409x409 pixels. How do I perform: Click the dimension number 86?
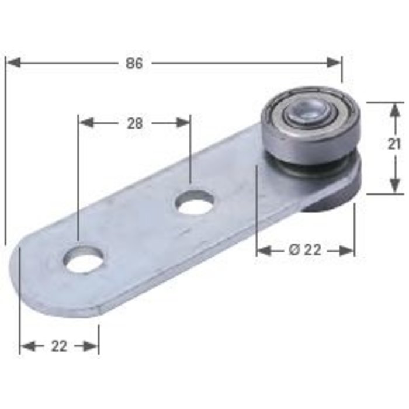click(x=134, y=63)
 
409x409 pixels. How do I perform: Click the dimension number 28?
click(x=135, y=123)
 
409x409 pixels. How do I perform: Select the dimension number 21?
click(x=394, y=144)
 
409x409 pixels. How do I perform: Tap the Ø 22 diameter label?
click(x=305, y=250)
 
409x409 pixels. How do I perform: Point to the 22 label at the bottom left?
click(x=59, y=346)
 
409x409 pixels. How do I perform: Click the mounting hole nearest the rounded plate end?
click(x=83, y=259)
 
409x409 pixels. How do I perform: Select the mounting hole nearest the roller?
click(x=195, y=203)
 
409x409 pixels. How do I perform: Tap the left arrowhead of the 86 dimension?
click(x=13, y=63)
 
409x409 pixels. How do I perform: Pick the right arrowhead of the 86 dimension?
click(x=334, y=63)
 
